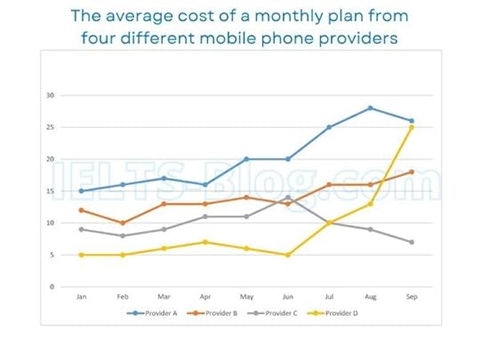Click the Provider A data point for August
tap(370, 108)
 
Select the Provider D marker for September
tap(412, 127)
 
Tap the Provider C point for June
tap(288, 197)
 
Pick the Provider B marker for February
tap(124, 223)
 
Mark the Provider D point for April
tap(206, 242)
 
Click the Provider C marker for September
tap(412, 242)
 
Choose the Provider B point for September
tap(412, 172)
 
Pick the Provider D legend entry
tap(340, 314)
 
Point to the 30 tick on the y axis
tap(51, 95)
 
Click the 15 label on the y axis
tap(51, 191)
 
